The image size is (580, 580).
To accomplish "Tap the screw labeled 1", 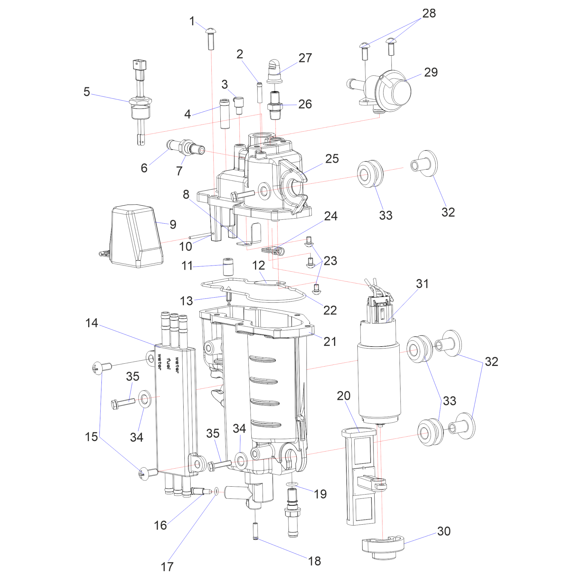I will [x=211, y=39].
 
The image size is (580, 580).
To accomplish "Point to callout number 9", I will [x=173, y=224].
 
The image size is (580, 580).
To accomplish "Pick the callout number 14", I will [x=92, y=323].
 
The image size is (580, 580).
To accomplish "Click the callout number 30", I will [x=444, y=531].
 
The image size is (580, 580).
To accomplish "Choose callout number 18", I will [x=314, y=561].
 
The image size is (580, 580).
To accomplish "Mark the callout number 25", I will [x=332, y=159].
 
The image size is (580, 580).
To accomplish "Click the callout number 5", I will [x=87, y=92].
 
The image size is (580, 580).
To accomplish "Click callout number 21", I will [x=330, y=342].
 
